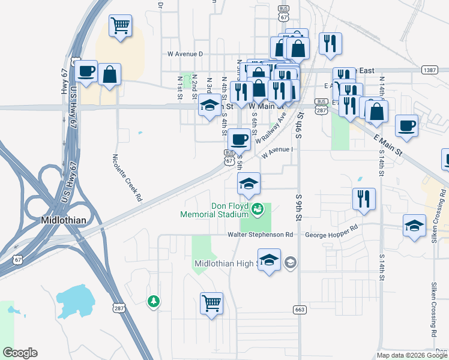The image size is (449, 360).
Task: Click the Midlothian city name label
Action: point(64,220)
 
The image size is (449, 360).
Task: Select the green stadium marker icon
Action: point(258,209)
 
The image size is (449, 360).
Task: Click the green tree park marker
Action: point(154,301)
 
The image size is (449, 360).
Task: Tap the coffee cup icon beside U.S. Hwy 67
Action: point(86,71)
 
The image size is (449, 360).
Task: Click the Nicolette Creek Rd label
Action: point(127,178)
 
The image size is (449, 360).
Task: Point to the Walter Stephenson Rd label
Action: point(259,235)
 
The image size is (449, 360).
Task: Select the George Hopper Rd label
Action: point(332,229)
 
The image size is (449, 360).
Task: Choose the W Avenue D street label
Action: point(185,54)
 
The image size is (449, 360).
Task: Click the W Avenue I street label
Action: point(276,149)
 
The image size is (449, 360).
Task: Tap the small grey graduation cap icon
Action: point(291,262)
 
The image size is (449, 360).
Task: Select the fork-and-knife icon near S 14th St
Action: point(364,199)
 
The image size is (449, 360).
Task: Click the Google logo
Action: point(20,353)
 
